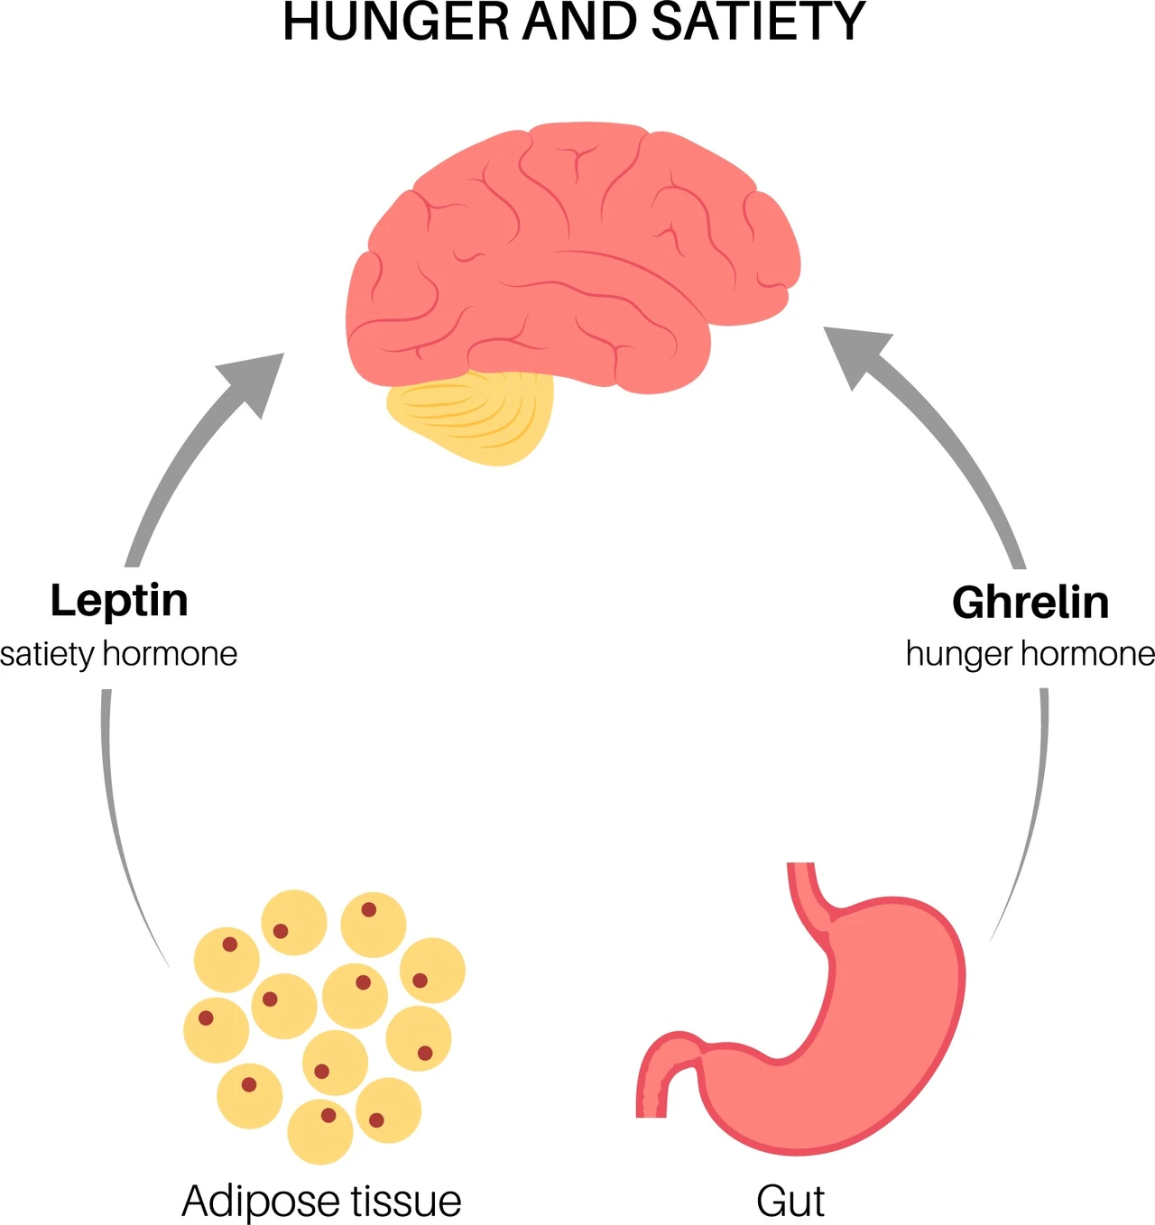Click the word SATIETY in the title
tap(757, 23)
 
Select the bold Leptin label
tap(119, 602)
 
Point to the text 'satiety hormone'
tap(118, 654)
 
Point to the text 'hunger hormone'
tap(1030, 654)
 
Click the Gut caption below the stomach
tap(790, 1201)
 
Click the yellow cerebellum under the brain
tap(470, 417)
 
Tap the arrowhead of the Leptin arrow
tap(254, 382)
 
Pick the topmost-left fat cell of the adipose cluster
tap(226, 960)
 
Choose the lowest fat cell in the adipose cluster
tap(320, 1132)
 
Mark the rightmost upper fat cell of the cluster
tap(433, 971)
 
